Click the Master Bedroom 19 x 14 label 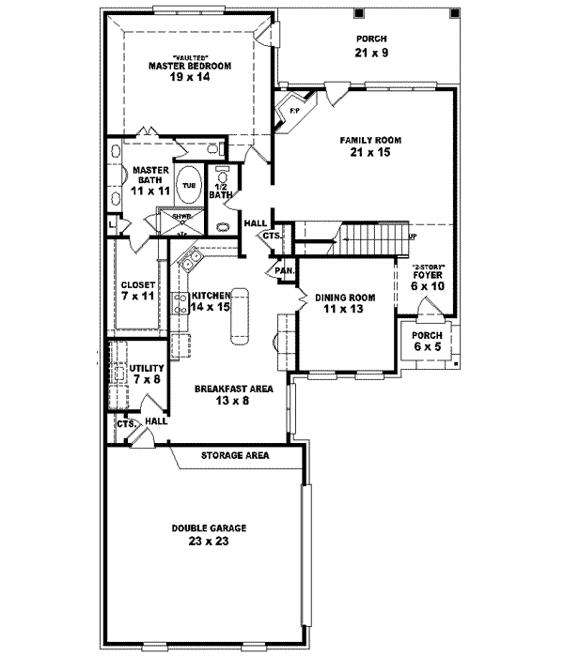pos(191,72)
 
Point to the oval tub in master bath pos(189,185)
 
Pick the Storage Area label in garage pos(235,455)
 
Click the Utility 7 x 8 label pos(149,374)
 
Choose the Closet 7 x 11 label pos(137,290)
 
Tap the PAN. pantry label pos(285,271)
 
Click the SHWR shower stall pos(176,222)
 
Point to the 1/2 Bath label pos(220,191)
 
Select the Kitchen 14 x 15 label pos(211,300)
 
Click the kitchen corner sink pos(187,258)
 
